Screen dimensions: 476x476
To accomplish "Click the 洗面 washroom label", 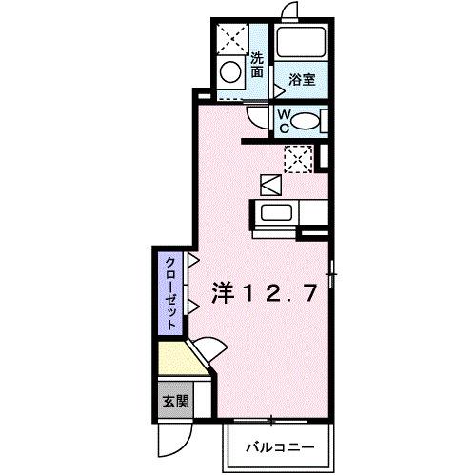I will click(x=257, y=65).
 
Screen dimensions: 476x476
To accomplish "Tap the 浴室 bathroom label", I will click(x=303, y=81).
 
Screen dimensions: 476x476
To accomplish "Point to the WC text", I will click(x=284, y=120).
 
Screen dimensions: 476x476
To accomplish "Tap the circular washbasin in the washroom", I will click(x=230, y=70).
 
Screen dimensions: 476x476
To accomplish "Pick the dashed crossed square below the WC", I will click(x=299, y=158).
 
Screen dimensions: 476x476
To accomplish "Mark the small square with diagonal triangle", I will click(x=269, y=184).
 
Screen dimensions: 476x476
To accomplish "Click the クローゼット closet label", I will click(x=169, y=292).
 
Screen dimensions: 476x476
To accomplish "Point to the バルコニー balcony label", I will click(x=280, y=446).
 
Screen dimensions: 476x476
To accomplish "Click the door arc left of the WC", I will click(x=259, y=117).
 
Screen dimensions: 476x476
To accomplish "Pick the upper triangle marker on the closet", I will click(x=193, y=259).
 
